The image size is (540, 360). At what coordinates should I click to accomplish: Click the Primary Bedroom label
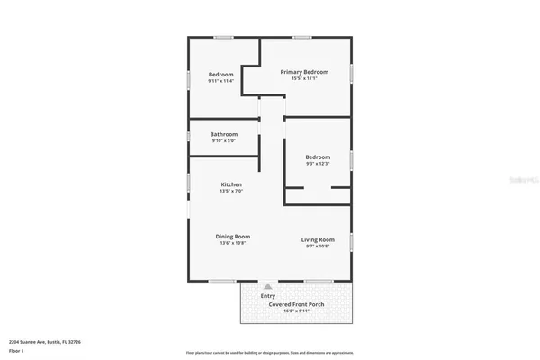303,72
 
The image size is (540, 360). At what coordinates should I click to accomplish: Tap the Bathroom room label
223,134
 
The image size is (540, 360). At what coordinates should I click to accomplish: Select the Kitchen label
230,184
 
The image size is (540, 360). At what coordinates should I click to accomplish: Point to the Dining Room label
232,237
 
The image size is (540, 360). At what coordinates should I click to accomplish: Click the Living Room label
318,239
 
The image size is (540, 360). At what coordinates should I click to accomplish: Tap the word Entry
267,295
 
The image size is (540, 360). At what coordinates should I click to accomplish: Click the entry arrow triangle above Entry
267,285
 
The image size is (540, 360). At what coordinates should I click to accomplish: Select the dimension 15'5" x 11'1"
303,79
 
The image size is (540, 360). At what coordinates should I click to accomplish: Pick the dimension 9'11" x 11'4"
221,82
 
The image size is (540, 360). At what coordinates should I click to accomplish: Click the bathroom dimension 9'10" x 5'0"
223,141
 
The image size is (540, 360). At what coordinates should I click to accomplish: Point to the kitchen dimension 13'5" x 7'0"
230,192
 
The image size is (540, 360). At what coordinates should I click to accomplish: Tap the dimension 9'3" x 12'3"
318,164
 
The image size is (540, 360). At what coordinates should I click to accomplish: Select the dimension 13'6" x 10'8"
232,244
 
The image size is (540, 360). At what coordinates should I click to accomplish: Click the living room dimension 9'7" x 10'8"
318,247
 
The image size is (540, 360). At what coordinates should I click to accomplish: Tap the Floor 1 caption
15,350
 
